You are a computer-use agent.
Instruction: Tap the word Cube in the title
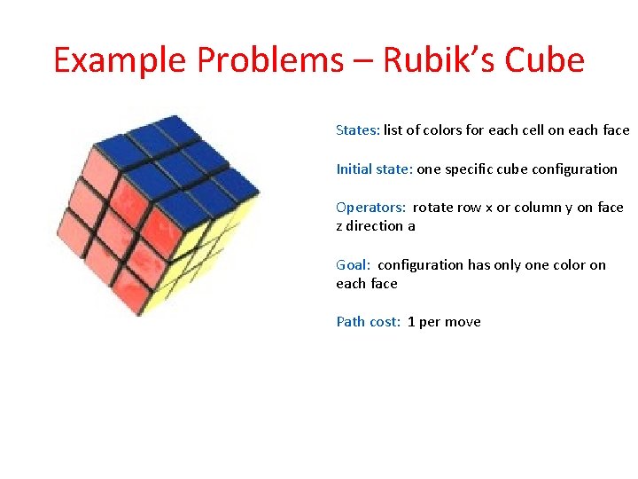(545, 60)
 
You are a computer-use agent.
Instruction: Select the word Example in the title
(121, 60)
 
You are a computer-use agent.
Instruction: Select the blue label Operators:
(370, 208)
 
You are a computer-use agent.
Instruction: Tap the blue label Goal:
(354, 264)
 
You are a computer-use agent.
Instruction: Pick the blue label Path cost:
(368, 322)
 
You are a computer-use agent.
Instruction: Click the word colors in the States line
(443, 130)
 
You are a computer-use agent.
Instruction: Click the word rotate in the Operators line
(432, 208)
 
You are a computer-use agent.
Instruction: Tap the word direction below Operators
(375, 226)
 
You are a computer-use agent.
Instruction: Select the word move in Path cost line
(463, 322)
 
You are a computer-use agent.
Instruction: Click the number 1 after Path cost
(412, 322)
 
